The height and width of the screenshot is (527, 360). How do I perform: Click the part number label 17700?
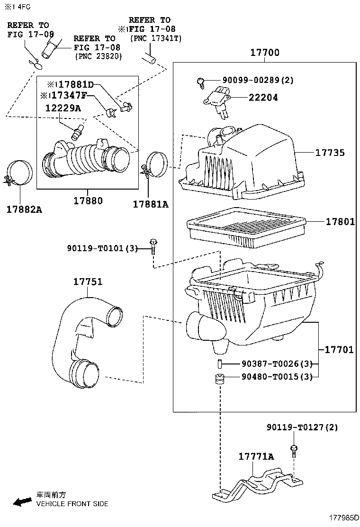[x=265, y=53]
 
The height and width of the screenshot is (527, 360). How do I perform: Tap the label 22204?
[x=263, y=98]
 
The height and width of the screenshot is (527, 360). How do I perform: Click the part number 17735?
[x=330, y=153]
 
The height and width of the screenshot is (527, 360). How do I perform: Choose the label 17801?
[x=340, y=221]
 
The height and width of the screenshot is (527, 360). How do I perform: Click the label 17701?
[x=339, y=350]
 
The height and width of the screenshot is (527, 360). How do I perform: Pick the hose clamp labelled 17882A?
[x=19, y=173]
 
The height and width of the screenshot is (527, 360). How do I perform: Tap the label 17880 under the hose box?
[x=88, y=200]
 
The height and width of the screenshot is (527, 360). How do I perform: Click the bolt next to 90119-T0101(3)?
[x=153, y=247]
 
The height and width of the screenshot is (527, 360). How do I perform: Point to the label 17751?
[x=88, y=282]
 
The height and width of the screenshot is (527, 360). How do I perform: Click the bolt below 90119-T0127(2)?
[x=294, y=451]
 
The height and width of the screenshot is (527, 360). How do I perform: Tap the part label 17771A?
[x=256, y=456]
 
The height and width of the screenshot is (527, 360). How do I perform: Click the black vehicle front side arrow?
[x=22, y=502]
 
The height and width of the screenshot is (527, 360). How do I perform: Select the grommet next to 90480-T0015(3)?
[x=220, y=379]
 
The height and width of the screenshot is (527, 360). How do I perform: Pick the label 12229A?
[x=63, y=108]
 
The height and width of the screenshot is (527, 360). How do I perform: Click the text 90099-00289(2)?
[x=258, y=80]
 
